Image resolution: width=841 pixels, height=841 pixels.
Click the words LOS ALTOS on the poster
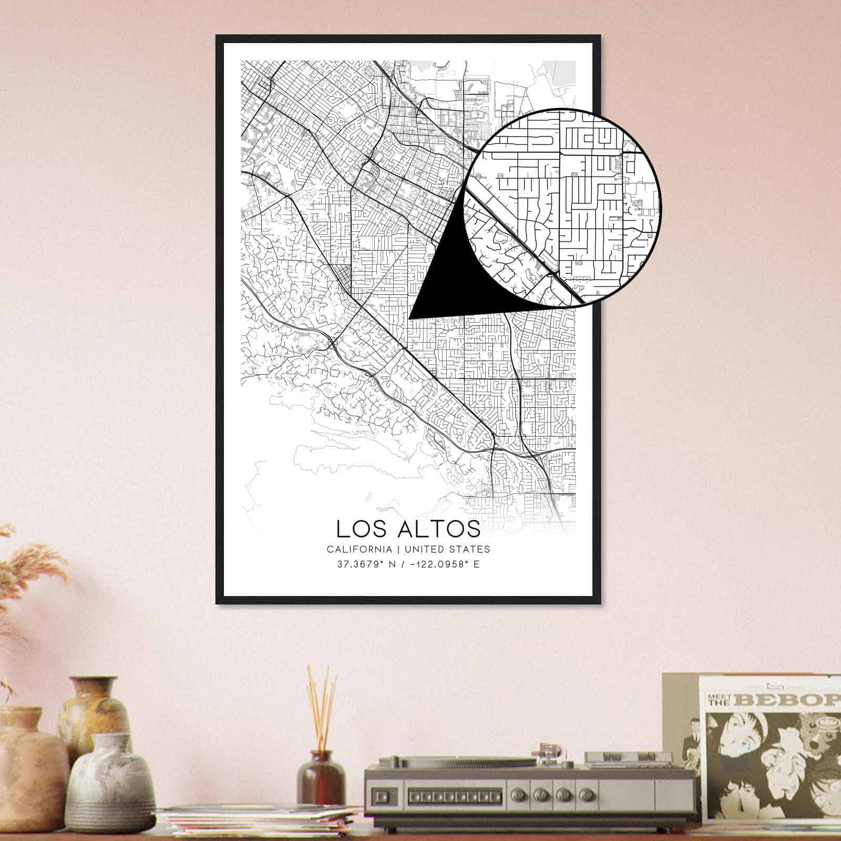point(408,529)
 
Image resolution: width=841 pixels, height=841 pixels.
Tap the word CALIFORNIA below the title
point(359,549)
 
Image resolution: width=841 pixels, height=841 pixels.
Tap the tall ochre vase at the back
point(95,710)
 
